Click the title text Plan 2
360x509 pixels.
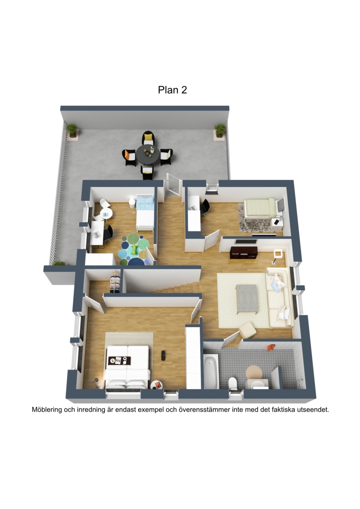click(x=172, y=90)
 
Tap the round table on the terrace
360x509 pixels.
click(x=148, y=154)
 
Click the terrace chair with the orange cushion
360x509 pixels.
click(x=129, y=157)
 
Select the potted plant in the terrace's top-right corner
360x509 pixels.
click(x=220, y=130)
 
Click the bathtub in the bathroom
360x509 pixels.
click(x=211, y=371)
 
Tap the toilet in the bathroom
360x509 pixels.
click(x=233, y=383)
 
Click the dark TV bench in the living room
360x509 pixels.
click(x=244, y=252)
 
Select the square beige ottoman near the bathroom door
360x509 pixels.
click(x=247, y=330)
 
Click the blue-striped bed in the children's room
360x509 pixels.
click(x=145, y=212)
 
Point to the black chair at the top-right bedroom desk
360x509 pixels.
click(x=205, y=207)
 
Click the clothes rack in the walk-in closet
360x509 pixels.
click(x=115, y=283)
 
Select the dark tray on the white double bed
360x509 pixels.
click(x=119, y=360)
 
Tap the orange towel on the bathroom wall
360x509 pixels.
click(x=271, y=348)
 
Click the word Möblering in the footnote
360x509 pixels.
click(x=47, y=410)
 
